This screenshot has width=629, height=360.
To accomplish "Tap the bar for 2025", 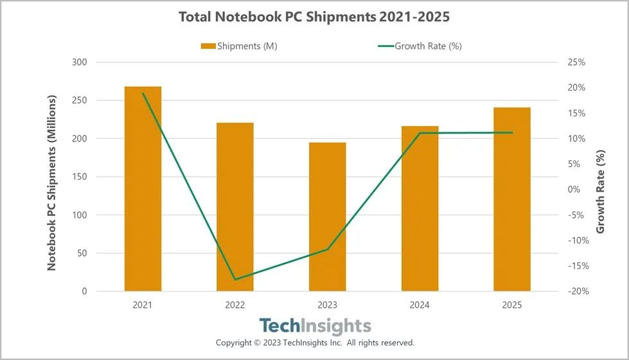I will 512,199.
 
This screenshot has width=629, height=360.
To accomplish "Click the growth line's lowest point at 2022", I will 235,280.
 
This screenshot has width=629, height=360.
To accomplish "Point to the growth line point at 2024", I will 420,133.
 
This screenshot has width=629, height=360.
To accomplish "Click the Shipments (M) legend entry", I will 238,46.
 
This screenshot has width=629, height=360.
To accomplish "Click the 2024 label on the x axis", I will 420,305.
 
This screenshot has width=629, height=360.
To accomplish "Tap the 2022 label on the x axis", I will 235,305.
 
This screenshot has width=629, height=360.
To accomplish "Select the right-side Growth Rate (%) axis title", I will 600,192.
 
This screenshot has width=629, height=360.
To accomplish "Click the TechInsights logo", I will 315,325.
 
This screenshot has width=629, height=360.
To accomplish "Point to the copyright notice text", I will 315,343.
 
